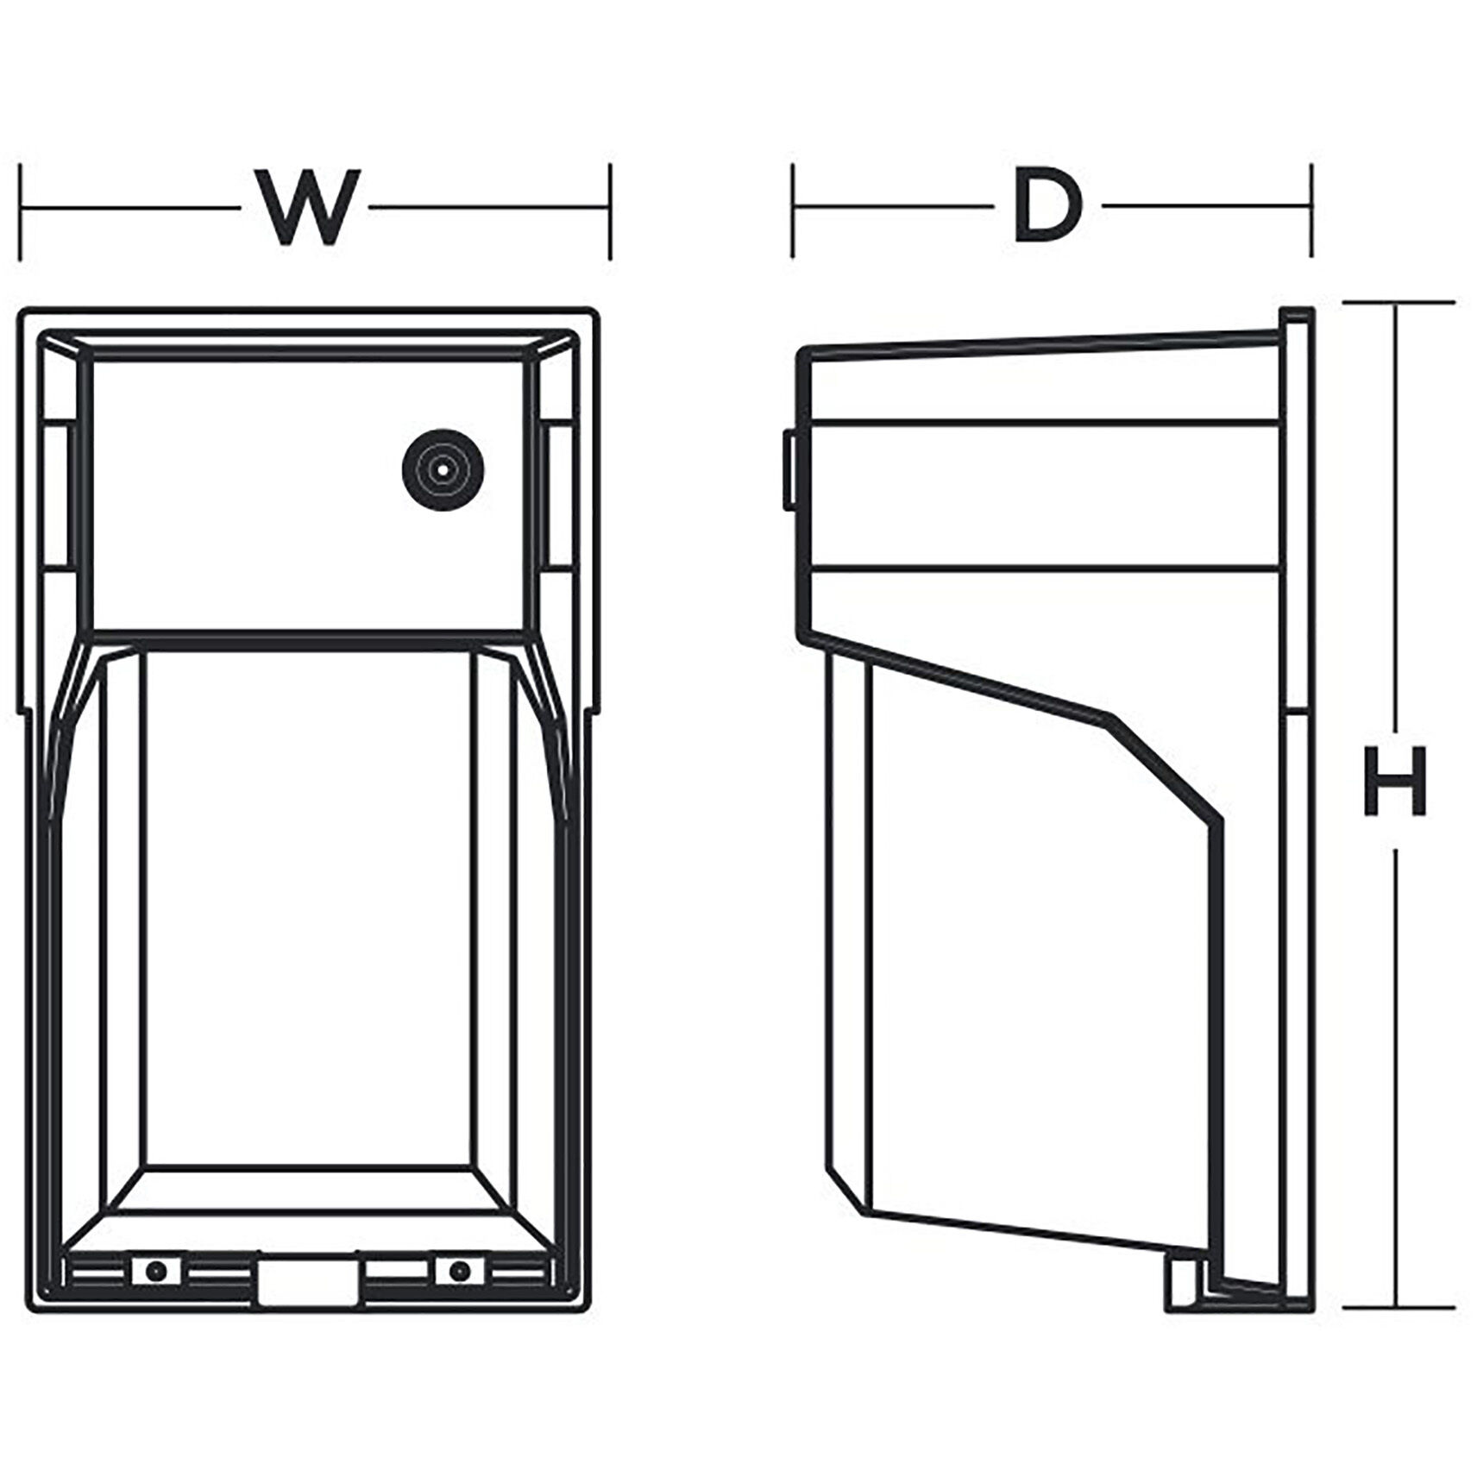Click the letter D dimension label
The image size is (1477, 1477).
click(1046, 207)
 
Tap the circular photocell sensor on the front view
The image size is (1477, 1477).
click(443, 470)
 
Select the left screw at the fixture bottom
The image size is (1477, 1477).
click(156, 1271)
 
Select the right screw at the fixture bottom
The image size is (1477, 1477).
click(460, 1271)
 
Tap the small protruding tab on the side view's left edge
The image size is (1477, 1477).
click(789, 470)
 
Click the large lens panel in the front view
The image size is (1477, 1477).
click(308, 906)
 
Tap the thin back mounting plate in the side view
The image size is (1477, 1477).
click(1297, 811)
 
